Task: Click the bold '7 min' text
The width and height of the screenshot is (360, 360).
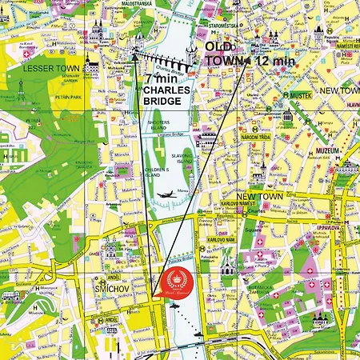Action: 162,79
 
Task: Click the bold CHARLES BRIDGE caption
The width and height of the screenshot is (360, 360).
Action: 166,97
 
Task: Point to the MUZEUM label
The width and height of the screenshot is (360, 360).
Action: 327,150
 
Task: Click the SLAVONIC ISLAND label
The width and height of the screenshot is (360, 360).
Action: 186,161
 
